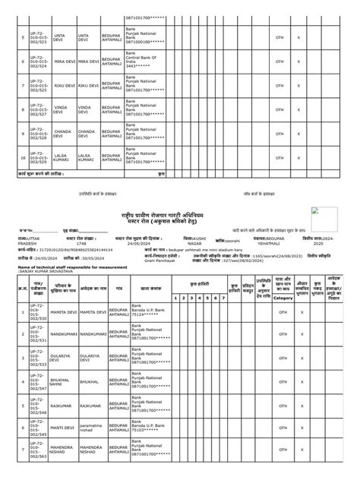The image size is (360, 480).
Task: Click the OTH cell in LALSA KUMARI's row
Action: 279,159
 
